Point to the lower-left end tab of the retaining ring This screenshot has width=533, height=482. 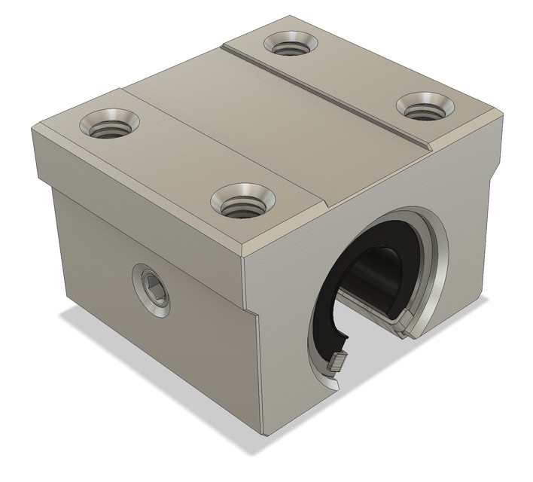coord(337,363)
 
